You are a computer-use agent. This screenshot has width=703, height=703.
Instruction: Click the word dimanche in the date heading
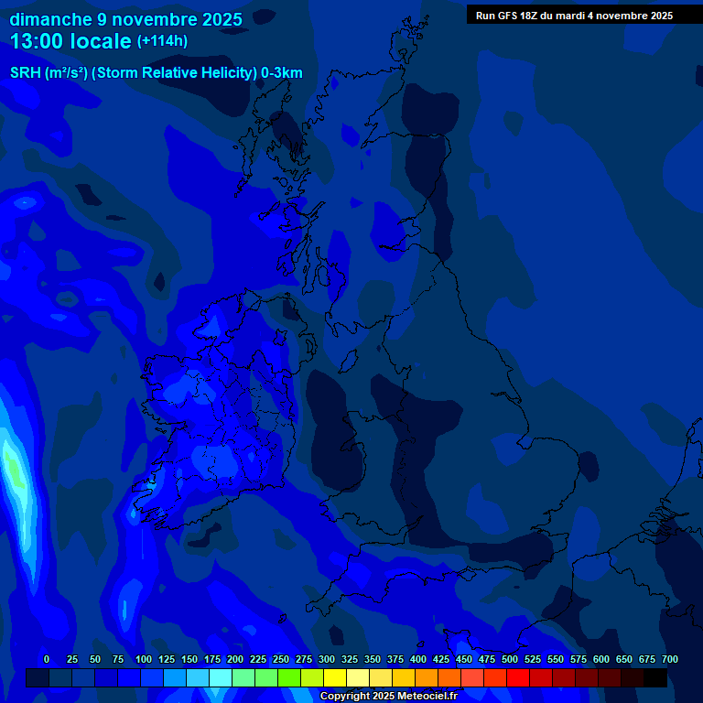click(50, 19)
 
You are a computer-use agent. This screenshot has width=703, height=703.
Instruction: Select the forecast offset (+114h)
click(162, 41)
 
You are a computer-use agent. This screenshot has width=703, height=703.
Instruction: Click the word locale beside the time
click(100, 40)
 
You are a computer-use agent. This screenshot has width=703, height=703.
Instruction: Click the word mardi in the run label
click(585, 15)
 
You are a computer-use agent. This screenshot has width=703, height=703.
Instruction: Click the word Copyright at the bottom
click(346, 696)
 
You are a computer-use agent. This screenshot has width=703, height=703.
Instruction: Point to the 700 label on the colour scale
click(670, 659)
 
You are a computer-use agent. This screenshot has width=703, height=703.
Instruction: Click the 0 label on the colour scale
click(47, 659)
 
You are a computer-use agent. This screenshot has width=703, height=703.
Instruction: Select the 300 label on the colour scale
click(327, 659)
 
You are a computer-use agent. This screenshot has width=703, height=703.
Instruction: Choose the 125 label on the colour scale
click(167, 659)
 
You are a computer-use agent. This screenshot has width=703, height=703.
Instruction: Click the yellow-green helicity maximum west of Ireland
click(13, 465)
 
